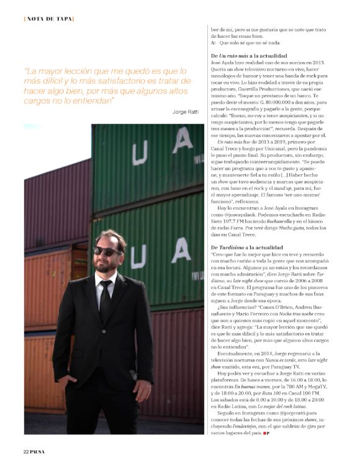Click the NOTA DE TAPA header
49,19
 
